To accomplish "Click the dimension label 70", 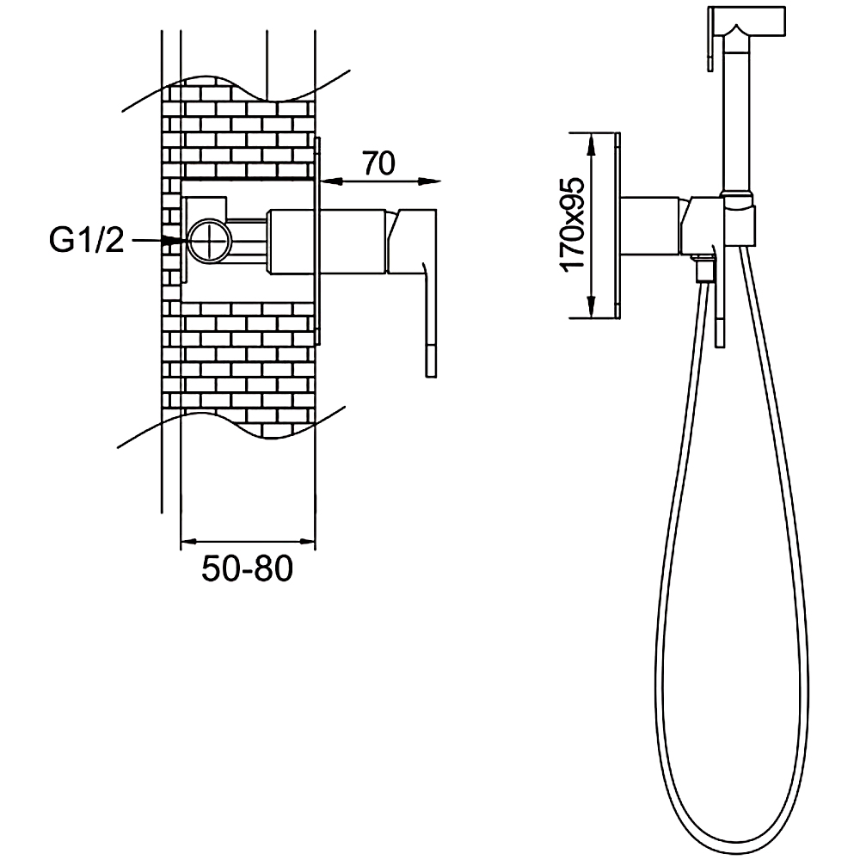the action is pos(379,163).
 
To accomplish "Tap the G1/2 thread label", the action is pos(87,240).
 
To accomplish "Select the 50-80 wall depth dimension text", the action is pos(248,568).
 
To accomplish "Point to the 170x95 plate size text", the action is pos(573,224).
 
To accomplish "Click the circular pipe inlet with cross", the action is pos(210,242).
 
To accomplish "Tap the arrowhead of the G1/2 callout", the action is pos(175,240).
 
